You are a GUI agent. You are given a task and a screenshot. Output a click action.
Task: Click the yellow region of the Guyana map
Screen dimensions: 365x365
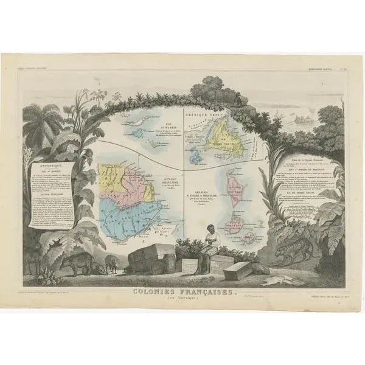116,176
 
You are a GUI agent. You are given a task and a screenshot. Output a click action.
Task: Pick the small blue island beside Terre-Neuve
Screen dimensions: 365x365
196,158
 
